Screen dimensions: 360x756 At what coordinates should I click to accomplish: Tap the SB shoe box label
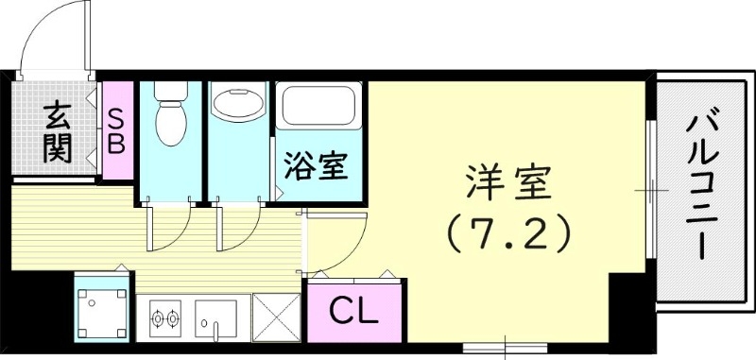118,132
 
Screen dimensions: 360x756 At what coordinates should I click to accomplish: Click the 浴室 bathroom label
318,167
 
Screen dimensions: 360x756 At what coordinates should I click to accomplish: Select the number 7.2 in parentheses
509,231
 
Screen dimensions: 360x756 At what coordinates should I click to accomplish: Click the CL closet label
353,310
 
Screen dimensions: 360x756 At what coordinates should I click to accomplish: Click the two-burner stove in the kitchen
165,318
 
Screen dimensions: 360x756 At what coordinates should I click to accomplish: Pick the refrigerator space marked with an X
277,319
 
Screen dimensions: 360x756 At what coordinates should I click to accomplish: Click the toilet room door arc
170,227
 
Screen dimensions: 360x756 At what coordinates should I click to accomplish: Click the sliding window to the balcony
650,189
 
